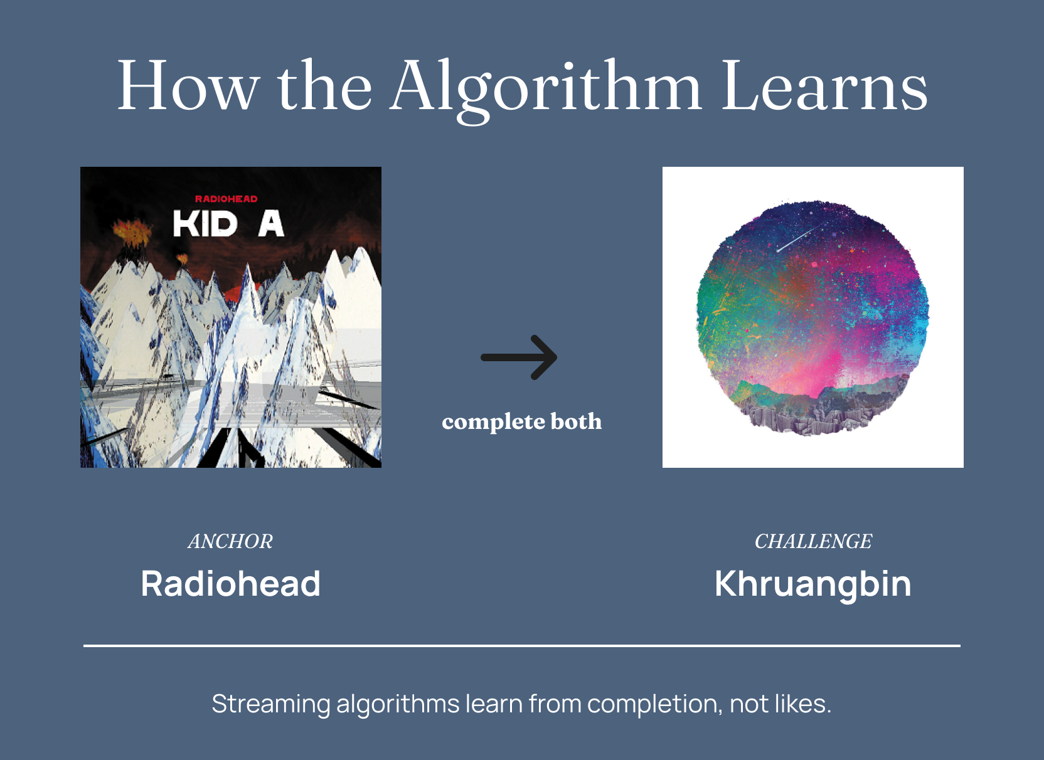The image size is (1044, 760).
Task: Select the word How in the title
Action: tap(188, 86)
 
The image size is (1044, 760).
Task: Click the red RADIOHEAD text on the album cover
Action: tap(226, 199)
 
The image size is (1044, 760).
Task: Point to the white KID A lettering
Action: tap(228, 223)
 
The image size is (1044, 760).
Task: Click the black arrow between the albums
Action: tap(519, 357)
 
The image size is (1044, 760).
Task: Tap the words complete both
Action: tap(521, 421)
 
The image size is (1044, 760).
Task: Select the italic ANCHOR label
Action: tap(230, 541)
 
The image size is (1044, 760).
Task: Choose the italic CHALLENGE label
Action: tap(813, 541)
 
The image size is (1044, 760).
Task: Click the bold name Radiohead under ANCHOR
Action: tap(231, 583)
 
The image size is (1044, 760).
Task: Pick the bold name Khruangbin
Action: tap(813, 585)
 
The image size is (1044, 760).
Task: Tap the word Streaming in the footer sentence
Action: tap(271, 704)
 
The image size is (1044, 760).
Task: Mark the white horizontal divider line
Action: tap(522, 646)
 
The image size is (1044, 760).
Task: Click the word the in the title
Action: tap(325, 86)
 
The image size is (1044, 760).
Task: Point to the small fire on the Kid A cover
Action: tap(182, 258)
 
